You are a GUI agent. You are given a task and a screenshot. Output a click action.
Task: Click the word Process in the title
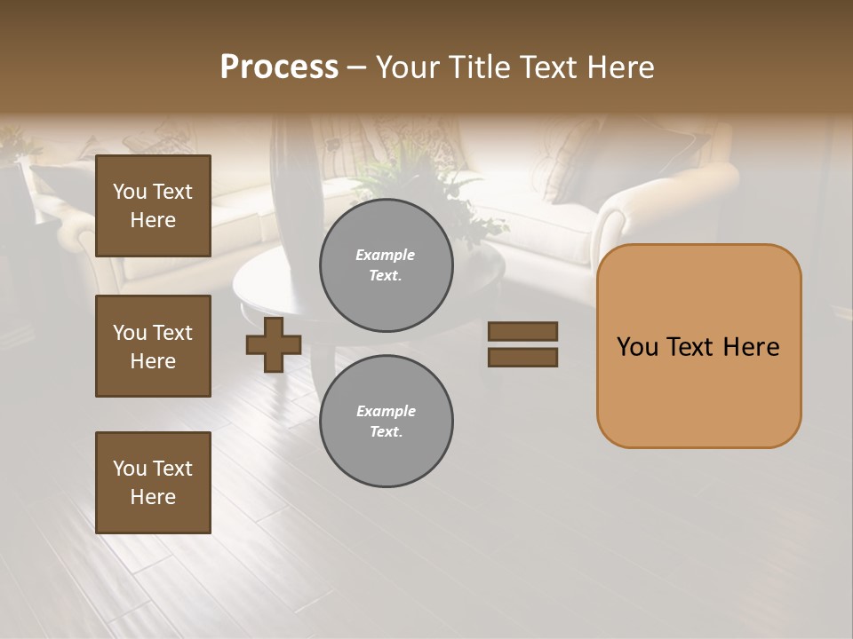279,67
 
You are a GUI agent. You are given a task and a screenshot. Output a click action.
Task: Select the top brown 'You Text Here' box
153,206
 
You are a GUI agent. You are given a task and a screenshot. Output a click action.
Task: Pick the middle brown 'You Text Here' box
153,346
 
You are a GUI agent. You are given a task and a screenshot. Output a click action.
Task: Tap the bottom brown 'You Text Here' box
153,483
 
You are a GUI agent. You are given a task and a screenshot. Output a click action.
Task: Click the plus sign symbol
274,345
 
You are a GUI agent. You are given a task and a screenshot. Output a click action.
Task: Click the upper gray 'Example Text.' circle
386,265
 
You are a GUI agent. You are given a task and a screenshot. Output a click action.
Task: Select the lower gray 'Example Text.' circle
386,422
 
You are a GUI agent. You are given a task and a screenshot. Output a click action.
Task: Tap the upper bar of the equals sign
522,332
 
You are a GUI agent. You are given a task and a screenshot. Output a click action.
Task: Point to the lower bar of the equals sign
522,358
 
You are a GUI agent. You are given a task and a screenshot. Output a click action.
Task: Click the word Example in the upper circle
386,255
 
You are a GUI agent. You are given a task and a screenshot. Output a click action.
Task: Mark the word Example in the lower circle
386,411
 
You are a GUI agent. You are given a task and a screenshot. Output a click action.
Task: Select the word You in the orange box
637,347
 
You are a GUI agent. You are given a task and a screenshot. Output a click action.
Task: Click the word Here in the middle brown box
153,361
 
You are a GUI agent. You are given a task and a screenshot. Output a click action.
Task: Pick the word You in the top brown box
130,192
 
